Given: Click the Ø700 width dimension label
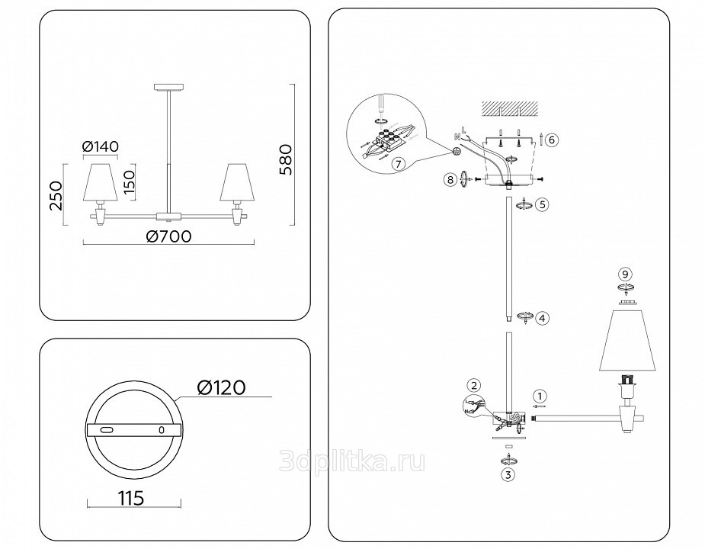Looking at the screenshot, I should click(x=168, y=236).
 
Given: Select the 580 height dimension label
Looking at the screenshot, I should click(x=285, y=158).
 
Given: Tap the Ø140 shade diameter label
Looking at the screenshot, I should click(x=101, y=146).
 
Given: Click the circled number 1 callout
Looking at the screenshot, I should click(x=540, y=396).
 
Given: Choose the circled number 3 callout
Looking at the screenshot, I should click(x=507, y=474).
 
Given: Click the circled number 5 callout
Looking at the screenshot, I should click(x=542, y=204).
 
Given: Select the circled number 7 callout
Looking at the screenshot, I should click(x=396, y=162).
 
